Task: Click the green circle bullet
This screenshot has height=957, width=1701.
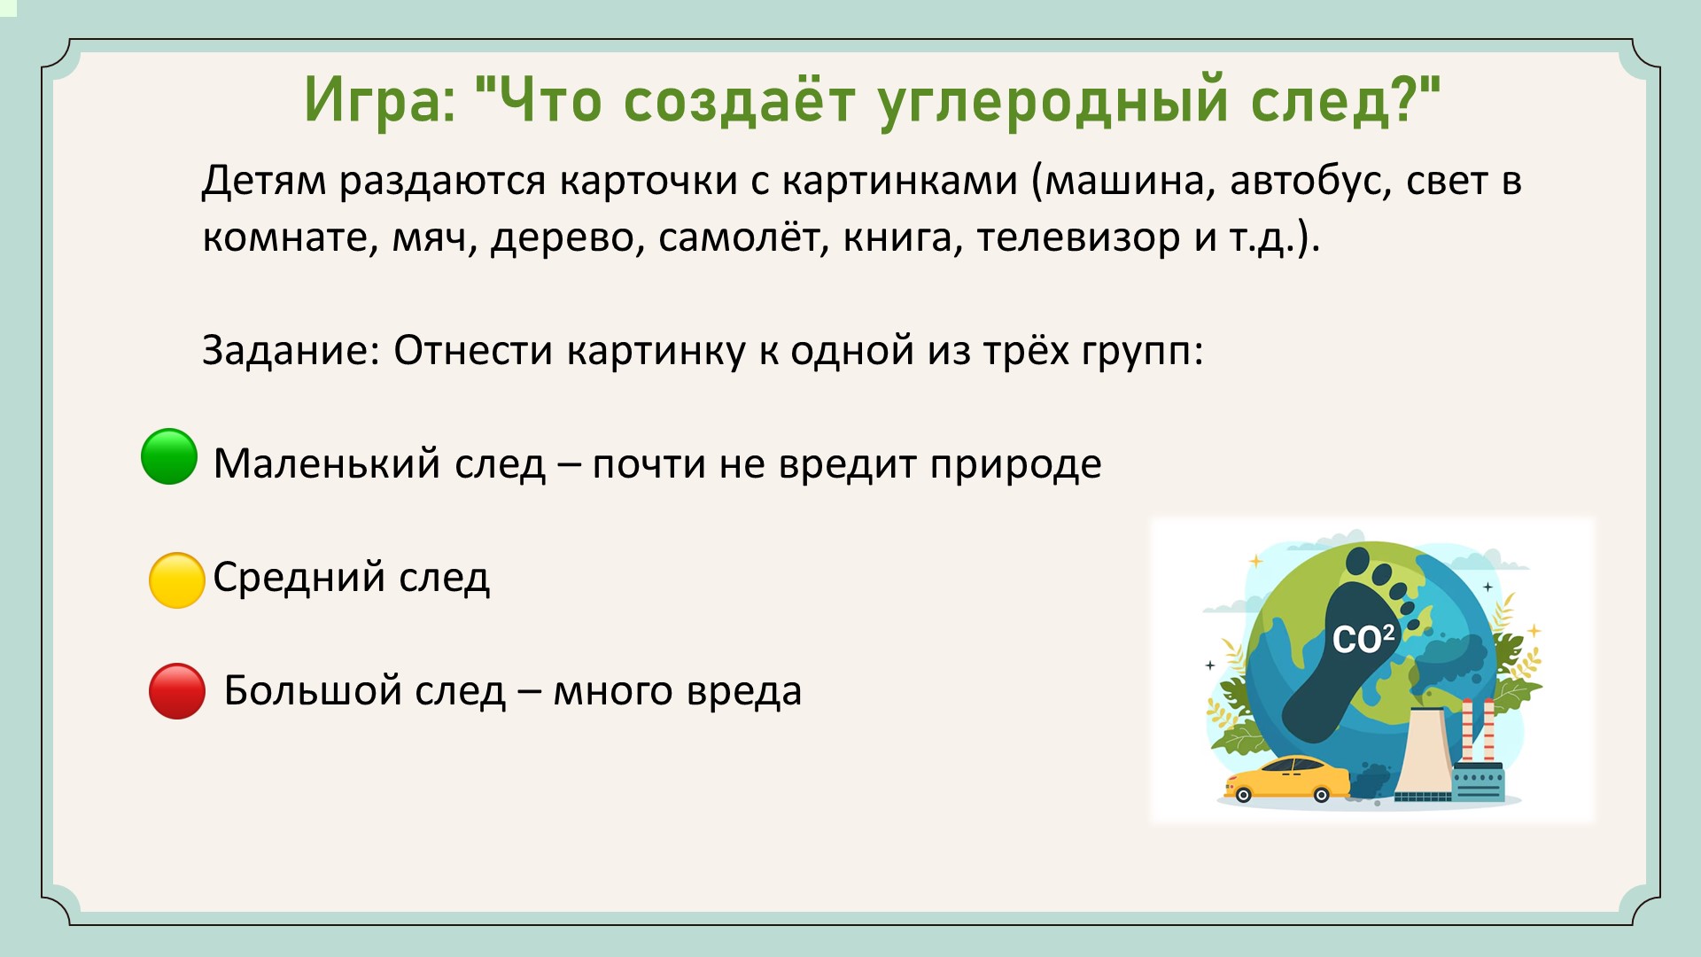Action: (x=169, y=456)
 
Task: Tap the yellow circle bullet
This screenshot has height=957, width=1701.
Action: (x=177, y=580)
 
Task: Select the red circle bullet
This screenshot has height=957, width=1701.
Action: (x=177, y=691)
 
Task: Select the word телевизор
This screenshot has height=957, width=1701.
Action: (x=1078, y=237)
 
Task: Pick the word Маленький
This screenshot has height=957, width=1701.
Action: (x=327, y=463)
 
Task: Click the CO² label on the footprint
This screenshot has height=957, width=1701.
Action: (x=1363, y=639)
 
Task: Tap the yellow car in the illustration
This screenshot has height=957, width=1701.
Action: (x=1287, y=779)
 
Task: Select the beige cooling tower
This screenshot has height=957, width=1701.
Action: (x=1424, y=753)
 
